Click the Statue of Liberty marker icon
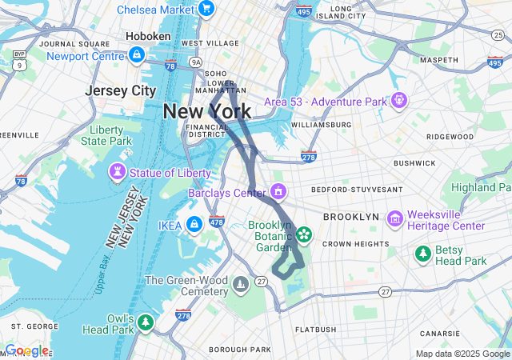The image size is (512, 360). click(117, 173)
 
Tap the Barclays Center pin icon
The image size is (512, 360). click(278, 192)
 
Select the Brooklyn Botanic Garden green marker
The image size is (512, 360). click(303, 234)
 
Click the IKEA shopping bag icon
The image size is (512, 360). click(194, 225)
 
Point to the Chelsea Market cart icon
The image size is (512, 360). click(206, 10)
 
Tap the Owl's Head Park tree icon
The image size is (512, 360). click(145, 322)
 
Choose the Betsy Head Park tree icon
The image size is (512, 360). click(422, 254)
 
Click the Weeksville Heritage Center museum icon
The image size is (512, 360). click(394, 218)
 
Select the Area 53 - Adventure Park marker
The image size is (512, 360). click(398, 101)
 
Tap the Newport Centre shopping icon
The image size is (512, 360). click(136, 55)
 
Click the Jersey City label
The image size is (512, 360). click(120, 90)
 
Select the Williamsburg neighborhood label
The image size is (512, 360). click(322, 125)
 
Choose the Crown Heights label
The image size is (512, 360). click(357, 243)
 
